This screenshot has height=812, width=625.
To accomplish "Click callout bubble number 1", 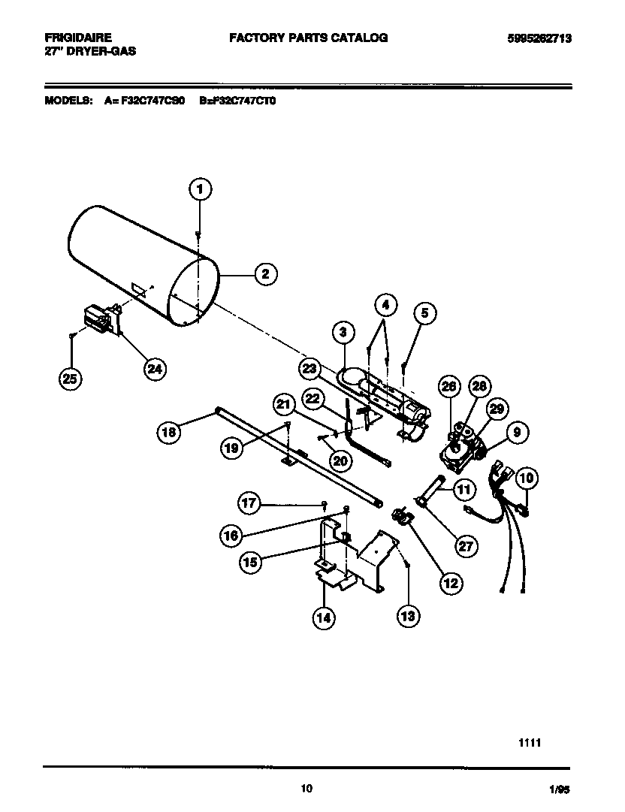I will point(199,190).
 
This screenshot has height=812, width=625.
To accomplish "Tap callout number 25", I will point(70,379).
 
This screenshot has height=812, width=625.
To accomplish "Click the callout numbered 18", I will point(170,431).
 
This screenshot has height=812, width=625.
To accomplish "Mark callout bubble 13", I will point(407,616).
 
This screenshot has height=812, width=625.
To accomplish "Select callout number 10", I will point(526,478).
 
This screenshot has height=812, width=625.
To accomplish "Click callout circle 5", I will point(424,314).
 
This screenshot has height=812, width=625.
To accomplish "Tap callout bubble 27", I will point(466,546).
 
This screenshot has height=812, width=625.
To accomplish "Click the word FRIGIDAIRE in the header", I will point(78,37).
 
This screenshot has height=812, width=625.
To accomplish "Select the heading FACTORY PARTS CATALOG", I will point(308,37).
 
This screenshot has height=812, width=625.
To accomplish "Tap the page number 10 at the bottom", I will point(306,788).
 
